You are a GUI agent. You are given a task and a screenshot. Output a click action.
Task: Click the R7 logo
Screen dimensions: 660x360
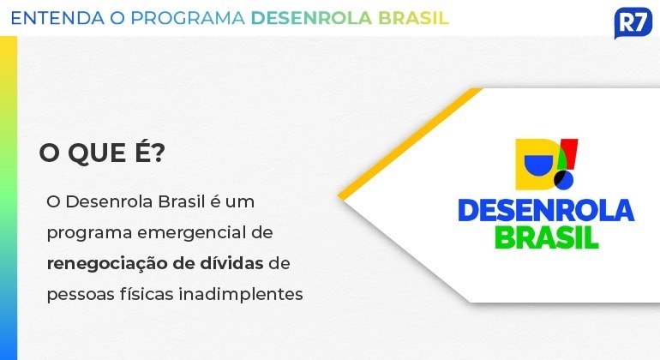coord(633,23)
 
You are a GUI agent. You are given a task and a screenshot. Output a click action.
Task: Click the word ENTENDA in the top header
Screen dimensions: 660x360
coord(57,18)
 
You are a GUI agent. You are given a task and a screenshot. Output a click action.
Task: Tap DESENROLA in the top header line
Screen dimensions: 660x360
coord(311,18)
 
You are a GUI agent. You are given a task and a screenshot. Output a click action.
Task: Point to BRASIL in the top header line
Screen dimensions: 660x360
coord(413,18)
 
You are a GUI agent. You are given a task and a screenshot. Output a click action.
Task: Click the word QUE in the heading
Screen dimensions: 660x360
coord(97,153)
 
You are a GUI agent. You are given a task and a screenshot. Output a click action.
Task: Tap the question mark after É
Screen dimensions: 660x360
coord(158,153)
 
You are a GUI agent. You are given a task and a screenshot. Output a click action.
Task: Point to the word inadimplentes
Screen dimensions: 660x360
coord(241,294)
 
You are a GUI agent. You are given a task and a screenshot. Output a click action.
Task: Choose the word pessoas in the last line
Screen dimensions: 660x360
coord(80,295)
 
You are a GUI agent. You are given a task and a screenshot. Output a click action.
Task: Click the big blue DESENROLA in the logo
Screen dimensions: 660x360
coord(546,211)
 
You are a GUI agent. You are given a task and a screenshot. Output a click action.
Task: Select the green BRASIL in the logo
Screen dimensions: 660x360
coord(547,237)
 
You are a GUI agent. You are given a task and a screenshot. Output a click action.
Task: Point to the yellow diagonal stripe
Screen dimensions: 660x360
coord(411,142)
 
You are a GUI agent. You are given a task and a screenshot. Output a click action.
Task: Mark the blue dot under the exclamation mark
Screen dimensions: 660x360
coord(565,180)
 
